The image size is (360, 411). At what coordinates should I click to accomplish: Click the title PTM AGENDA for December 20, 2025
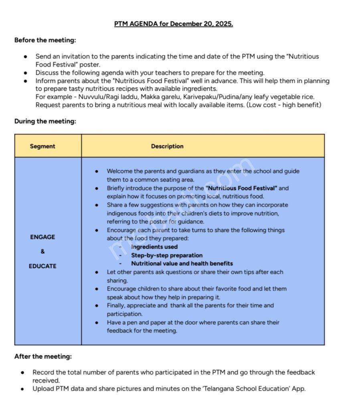(x=173, y=24)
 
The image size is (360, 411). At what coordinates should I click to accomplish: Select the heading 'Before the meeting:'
(x=45, y=40)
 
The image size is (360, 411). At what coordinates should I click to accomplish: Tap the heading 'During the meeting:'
(x=45, y=121)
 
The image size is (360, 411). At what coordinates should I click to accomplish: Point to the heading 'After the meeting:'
(x=43, y=356)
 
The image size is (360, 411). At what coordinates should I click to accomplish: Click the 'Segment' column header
(x=42, y=146)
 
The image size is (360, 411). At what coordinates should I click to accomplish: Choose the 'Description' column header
(x=167, y=146)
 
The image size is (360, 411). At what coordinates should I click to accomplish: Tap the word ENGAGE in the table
(x=42, y=237)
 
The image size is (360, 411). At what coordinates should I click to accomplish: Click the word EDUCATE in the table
(x=42, y=266)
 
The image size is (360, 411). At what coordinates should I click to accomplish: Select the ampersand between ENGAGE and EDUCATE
(x=42, y=251)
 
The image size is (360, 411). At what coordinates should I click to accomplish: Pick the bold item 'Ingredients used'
(x=154, y=247)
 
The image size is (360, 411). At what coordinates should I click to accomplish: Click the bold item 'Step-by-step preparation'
(x=167, y=255)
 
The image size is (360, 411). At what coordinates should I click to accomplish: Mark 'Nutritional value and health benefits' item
(x=182, y=264)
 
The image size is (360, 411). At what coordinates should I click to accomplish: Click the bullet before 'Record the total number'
(x=23, y=372)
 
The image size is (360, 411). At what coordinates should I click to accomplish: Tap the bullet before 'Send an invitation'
(x=26, y=57)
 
